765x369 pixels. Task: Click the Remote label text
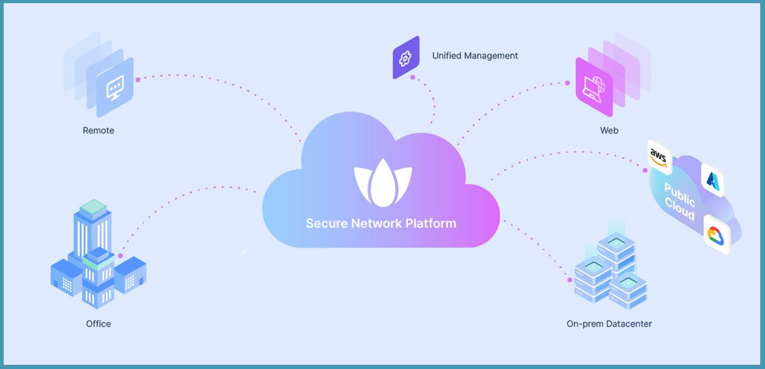(98, 130)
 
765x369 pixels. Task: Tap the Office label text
(98, 324)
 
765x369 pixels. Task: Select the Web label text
(609, 130)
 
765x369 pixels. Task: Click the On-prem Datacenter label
(609, 324)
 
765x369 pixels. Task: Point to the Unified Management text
(475, 56)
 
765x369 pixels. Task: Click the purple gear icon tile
(406, 58)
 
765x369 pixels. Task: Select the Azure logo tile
(712, 180)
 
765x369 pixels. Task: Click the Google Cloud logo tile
(716, 234)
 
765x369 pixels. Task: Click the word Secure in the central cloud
(327, 223)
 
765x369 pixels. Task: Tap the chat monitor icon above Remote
(115, 88)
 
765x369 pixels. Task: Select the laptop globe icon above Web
(594, 87)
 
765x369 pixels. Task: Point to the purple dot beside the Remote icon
(138, 80)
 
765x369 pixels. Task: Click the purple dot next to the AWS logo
(645, 170)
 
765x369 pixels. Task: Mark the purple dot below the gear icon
(413, 78)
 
